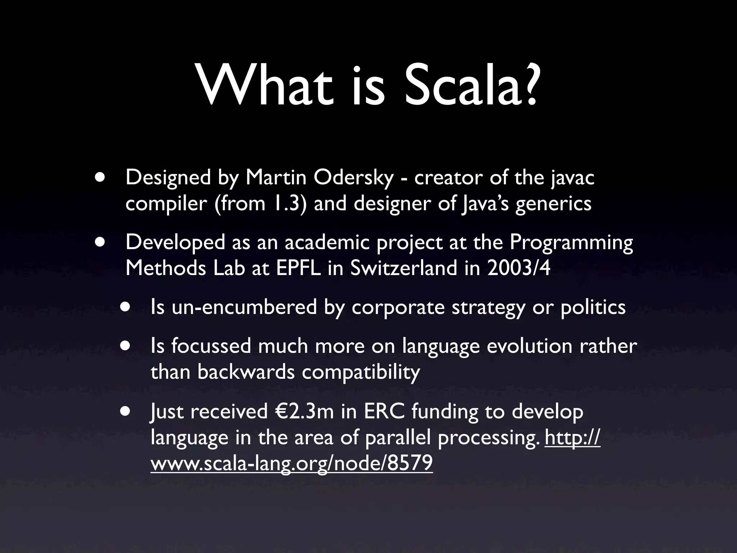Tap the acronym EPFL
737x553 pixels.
[298, 268]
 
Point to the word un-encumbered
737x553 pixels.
[244, 307]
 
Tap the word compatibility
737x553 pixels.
[361, 372]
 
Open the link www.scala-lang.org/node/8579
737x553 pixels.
[291, 464]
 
